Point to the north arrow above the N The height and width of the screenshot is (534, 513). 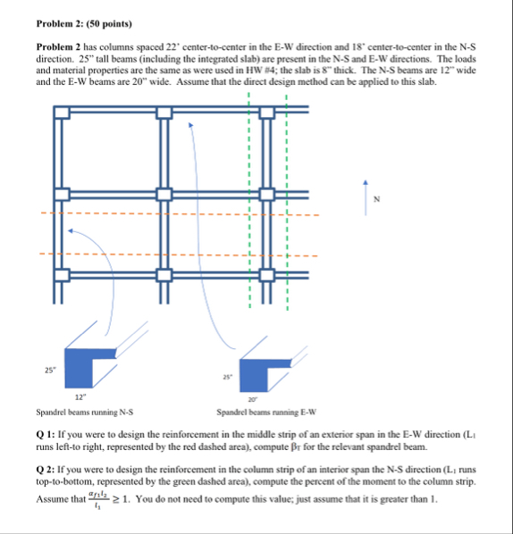366,185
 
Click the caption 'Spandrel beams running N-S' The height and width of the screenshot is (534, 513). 84,413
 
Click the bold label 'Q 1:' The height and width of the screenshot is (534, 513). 46,434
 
